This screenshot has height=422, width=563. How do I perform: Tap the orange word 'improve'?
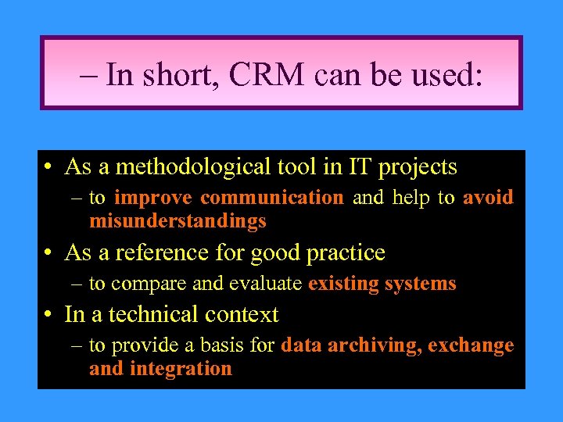[152, 198]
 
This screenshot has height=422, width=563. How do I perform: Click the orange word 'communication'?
[271, 198]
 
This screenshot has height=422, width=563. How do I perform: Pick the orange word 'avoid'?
[488, 198]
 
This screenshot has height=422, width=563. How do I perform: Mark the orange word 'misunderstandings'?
[178, 222]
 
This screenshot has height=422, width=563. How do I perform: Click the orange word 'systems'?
[421, 284]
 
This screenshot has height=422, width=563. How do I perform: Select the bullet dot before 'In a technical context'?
[48, 316]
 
